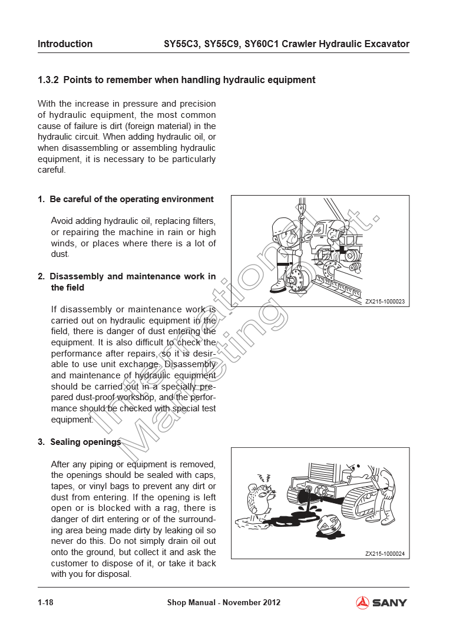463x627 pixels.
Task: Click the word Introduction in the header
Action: (65, 44)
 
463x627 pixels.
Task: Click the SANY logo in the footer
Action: (381, 602)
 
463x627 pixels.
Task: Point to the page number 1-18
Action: (45, 602)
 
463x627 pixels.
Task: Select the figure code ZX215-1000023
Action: (385, 302)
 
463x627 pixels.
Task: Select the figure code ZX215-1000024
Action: (385, 553)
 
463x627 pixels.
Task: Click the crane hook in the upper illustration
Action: (301, 219)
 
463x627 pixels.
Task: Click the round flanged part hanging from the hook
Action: (297, 278)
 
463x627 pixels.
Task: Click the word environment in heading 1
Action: (183, 199)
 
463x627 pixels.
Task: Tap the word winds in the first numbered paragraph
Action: (63, 243)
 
